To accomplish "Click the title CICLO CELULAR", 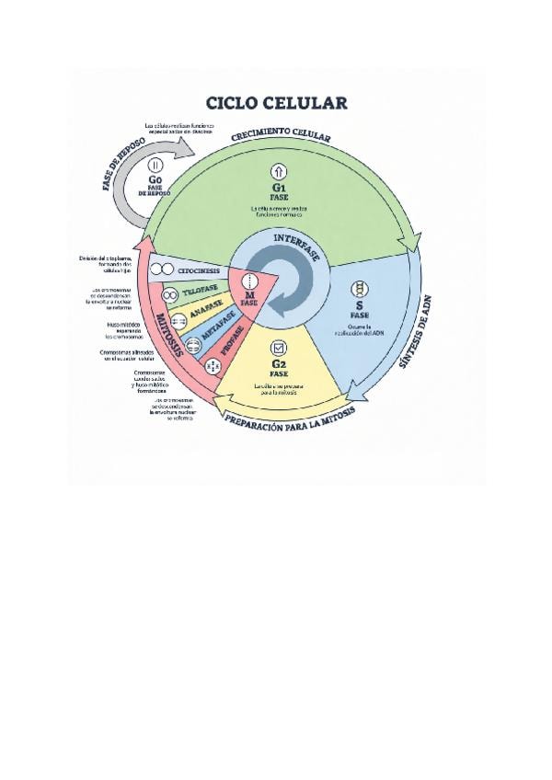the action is (x=276, y=101).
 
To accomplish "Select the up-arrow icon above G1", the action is (x=279, y=171).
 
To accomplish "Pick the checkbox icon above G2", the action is (x=278, y=349).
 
